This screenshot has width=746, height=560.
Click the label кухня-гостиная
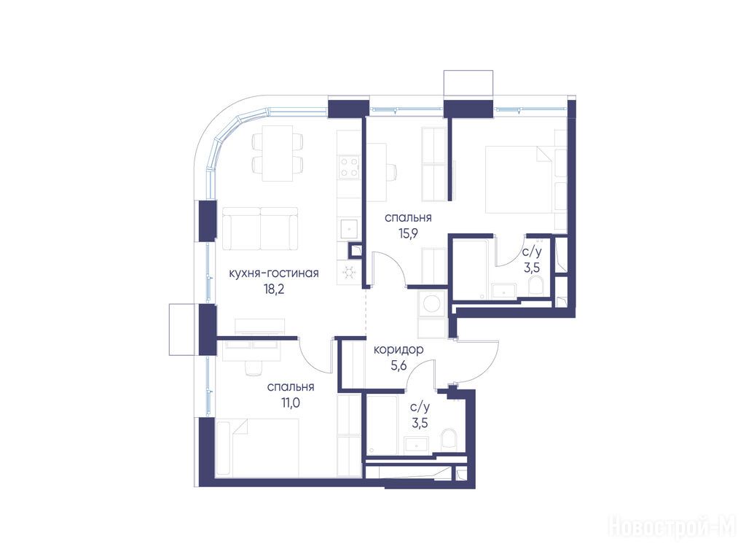click(274, 273)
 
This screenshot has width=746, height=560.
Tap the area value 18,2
click(274, 289)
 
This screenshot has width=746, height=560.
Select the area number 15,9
click(408, 234)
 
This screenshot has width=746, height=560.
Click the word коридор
click(398, 350)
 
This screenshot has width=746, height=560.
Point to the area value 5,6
click(398, 366)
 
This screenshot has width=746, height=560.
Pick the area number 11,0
click(290, 403)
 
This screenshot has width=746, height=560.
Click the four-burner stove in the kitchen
click(349, 167)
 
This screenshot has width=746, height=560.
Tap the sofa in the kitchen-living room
click(260, 228)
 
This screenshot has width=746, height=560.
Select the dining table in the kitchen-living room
click(278, 153)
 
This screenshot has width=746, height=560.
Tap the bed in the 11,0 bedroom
click(257, 447)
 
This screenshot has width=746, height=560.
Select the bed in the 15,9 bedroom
click(520, 179)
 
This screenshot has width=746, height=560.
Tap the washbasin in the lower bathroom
click(417, 444)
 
